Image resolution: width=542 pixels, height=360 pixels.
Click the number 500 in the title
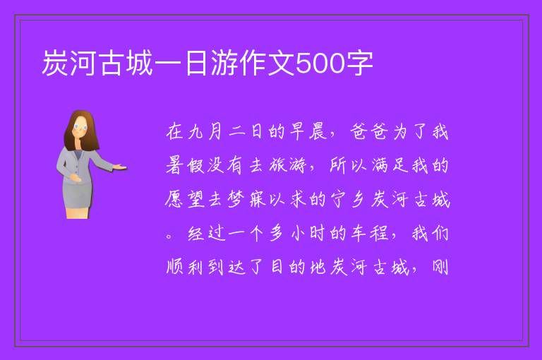point(320,63)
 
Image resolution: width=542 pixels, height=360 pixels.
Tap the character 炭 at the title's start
point(55,63)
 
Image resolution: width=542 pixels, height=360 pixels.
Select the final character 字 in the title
point(359,63)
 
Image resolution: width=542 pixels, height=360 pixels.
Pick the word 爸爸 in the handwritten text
point(368,132)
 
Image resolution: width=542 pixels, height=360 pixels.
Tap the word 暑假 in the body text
point(186,165)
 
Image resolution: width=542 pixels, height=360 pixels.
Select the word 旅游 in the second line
point(288,165)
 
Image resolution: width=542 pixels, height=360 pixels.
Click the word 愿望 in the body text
point(186,199)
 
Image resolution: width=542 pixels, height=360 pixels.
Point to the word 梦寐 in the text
point(247,199)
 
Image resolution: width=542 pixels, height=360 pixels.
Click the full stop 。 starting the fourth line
point(169,236)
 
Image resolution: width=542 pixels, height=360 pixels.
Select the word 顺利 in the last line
point(185,267)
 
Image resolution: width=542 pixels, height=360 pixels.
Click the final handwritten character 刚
point(440,267)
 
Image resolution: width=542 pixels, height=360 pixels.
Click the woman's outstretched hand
point(119,167)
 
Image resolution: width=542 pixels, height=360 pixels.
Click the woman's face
point(81,127)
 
